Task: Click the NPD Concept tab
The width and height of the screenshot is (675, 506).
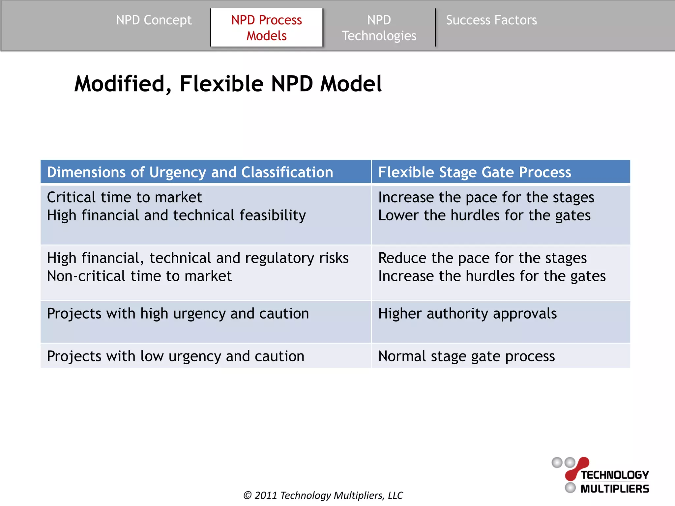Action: (154, 20)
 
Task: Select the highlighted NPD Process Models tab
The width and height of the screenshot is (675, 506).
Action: (266, 28)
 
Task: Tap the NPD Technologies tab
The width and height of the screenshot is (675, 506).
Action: (379, 28)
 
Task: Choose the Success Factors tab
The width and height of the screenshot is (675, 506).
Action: (491, 20)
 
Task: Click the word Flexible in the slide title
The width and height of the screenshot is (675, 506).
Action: (221, 84)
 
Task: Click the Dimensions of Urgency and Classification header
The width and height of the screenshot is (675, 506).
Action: (190, 172)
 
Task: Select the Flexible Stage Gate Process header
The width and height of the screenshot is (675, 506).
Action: (474, 172)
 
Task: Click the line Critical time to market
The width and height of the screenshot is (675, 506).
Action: (124, 197)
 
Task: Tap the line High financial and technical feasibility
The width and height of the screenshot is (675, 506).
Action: (176, 215)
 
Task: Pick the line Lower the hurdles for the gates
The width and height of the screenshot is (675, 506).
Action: (484, 215)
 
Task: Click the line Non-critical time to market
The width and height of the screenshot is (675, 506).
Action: (139, 276)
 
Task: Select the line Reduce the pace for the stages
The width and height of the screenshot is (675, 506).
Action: (482, 258)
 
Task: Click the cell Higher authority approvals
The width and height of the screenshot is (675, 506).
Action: (467, 314)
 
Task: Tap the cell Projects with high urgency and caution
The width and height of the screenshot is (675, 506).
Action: (178, 314)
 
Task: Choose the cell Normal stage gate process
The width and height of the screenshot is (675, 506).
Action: (466, 356)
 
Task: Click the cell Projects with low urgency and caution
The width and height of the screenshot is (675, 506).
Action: (175, 356)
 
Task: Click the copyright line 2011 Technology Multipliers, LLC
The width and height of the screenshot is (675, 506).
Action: (323, 495)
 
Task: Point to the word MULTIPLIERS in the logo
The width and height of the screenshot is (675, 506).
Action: (614, 489)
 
